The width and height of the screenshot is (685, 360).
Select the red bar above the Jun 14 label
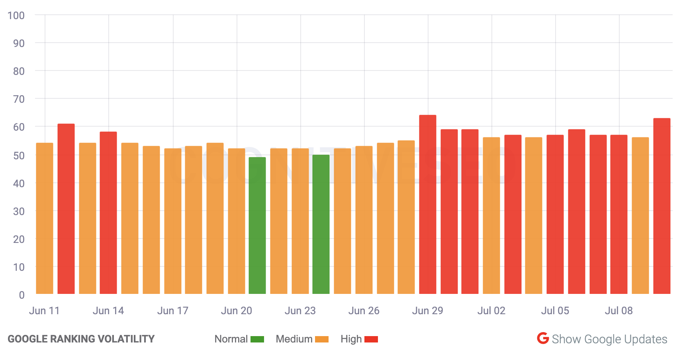coord(108,213)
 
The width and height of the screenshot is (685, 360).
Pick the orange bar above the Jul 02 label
coord(491,215)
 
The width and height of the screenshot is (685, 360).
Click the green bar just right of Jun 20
coord(257,225)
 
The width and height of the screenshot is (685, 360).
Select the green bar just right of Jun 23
coord(321,224)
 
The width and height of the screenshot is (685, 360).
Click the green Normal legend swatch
coord(257,339)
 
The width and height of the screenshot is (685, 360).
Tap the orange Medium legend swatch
coord(322,339)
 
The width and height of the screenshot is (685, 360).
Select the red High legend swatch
coord(371,339)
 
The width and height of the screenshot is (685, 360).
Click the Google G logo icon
coord(543,338)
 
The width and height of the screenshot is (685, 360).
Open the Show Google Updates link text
coord(609,339)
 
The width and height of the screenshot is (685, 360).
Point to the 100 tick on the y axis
coord(16,16)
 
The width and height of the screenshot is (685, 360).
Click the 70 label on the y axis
coord(19,99)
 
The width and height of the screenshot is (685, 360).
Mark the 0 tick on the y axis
coord(22,295)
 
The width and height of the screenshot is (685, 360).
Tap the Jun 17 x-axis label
coord(173,311)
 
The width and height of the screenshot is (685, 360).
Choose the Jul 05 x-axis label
coord(555,311)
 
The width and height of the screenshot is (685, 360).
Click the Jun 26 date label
coord(364,311)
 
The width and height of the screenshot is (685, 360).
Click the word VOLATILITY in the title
coord(126,339)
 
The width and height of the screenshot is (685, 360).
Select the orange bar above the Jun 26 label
coord(364,220)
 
